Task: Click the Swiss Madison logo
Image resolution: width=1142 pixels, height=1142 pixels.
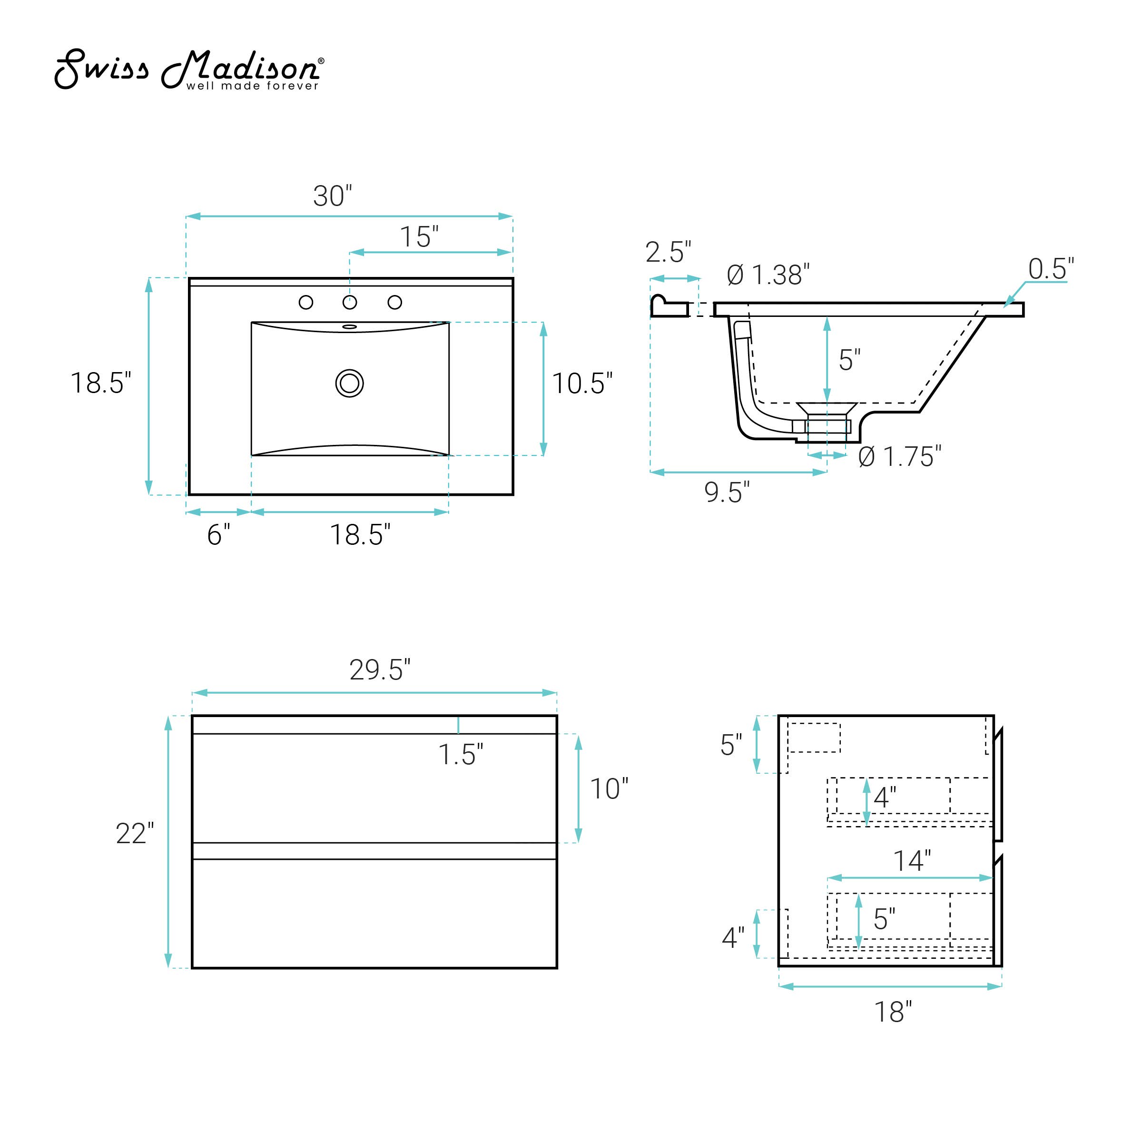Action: [189, 70]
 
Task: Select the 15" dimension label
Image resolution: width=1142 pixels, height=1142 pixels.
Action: [419, 237]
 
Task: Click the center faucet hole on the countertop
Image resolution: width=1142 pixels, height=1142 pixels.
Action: [350, 303]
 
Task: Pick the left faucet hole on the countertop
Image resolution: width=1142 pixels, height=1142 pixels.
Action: [305, 303]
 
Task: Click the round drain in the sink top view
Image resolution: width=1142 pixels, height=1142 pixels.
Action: [349, 383]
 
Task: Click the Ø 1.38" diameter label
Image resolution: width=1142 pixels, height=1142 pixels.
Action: [768, 275]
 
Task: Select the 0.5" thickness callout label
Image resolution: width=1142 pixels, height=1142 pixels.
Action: [1051, 269]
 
